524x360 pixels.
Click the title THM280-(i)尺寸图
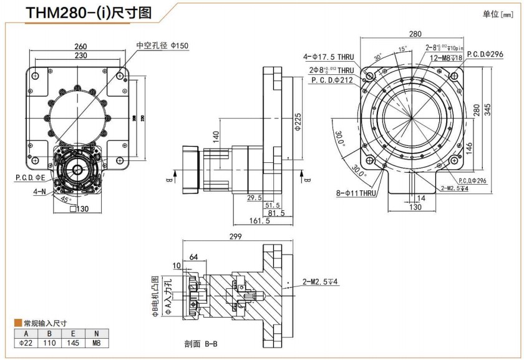(x=87, y=14)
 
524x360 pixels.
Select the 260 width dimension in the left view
(x=80, y=46)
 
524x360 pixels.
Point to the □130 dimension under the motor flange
(x=79, y=209)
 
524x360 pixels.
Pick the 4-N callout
(x=41, y=192)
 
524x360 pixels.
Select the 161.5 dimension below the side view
(x=259, y=220)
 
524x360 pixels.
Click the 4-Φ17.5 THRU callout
(x=329, y=57)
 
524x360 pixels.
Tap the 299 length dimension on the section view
(x=235, y=236)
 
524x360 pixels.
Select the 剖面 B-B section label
(x=201, y=343)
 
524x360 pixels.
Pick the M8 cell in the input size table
(x=96, y=343)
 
